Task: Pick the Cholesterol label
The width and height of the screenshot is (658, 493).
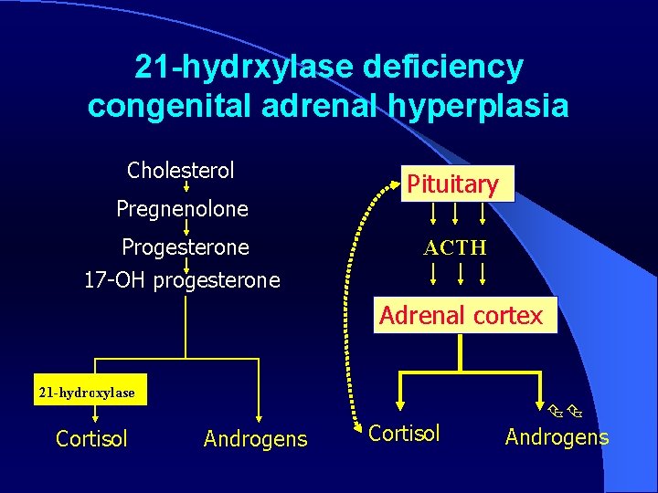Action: [x=181, y=170]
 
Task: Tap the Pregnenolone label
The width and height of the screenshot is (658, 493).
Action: [x=182, y=209]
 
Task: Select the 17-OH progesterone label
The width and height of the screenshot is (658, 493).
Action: [x=182, y=280]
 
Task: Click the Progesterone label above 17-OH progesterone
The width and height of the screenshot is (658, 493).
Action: [x=186, y=247]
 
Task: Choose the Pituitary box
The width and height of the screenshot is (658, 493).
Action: [x=452, y=184]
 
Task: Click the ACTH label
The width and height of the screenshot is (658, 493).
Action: [x=454, y=247]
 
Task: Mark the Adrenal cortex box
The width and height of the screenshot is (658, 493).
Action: [x=462, y=316]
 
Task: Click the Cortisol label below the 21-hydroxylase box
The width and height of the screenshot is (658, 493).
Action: [x=91, y=438]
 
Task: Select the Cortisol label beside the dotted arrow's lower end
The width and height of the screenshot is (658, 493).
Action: [x=405, y=433]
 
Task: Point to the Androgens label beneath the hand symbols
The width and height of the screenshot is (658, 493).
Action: [x=557, y=437]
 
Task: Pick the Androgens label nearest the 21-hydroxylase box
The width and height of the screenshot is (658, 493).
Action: [x=256, y=439]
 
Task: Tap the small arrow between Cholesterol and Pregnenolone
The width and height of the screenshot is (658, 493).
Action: [x=186, y=189]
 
